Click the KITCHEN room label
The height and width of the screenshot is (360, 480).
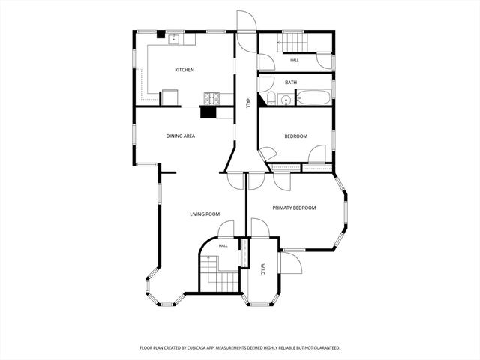[184, 70]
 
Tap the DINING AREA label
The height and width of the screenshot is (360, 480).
[181, 136]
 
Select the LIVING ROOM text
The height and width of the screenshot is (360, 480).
[205, 214]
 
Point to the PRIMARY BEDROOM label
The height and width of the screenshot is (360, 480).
[294, 208]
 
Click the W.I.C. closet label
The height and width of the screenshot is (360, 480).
[263, 268]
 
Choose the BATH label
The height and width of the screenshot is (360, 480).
[291, 82]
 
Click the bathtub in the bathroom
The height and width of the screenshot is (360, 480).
[314, 97]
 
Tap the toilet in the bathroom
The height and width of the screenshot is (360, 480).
[271, 98]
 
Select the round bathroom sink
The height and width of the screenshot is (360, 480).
[286, 100]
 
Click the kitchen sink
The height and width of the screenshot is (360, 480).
[173, 38]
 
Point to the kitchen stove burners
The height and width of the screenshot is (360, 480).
[211, 98]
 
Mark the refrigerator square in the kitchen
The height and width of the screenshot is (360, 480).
[169, 97]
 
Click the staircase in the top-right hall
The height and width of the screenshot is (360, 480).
[292, 42]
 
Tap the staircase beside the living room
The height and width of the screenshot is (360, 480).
[219, 273]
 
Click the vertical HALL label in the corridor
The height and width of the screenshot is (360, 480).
[248, 103]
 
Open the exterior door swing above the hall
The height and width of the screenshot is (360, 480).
[247, 31]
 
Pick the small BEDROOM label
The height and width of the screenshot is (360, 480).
[296, 136]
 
